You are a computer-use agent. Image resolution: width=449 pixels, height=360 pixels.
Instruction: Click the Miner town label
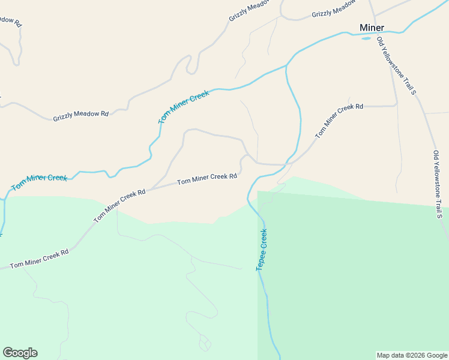[372, 28]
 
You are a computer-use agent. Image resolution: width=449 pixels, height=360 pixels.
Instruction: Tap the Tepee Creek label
[262, 249]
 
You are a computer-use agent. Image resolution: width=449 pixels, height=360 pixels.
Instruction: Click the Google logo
[20, 353]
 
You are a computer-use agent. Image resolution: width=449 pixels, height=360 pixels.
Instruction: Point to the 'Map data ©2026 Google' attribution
[411, 355]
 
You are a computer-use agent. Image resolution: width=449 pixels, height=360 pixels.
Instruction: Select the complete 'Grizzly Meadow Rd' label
[80, 115]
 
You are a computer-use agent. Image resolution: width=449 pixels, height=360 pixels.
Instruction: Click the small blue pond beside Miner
[366, 38]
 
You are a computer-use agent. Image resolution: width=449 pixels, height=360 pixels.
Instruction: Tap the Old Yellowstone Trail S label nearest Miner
[396, 65]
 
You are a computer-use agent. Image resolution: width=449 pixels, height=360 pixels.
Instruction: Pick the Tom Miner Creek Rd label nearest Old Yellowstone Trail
[339, 120]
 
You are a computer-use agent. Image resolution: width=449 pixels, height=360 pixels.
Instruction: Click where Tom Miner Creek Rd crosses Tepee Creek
[288, 163]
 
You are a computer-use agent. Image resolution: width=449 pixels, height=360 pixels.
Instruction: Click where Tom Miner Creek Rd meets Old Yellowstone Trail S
[397, 106]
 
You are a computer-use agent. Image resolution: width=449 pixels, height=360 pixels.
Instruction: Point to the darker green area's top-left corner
[258, 192]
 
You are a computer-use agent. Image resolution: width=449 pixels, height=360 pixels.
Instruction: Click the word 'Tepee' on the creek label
[261, 259]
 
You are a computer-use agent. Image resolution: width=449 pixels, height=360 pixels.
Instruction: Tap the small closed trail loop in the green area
[205, 344]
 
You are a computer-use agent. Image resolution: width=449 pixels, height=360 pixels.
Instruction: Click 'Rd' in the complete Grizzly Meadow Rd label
[104, 113]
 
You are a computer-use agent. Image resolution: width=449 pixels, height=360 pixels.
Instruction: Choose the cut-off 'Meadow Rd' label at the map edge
[10, 21]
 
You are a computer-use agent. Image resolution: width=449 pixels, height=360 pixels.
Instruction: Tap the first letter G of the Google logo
[8, 353]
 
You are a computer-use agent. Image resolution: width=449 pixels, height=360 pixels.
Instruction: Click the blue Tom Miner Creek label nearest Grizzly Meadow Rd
[184, 107]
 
